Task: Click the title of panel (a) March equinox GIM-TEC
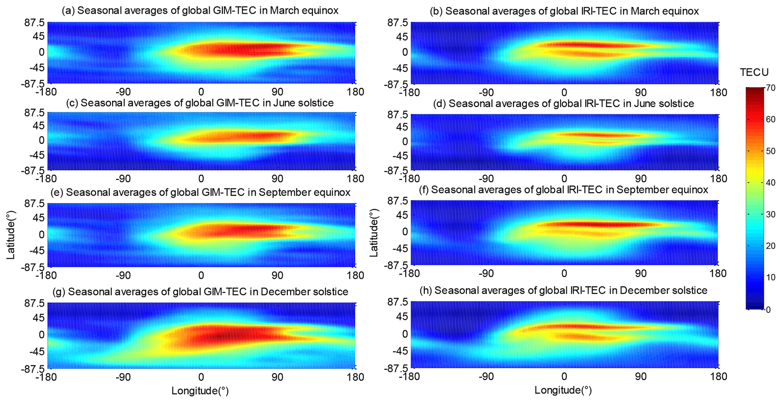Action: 200,11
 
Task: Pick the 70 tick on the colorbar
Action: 771,88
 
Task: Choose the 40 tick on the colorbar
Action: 771,183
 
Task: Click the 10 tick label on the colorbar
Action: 771,278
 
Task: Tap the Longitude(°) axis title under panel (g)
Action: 200,391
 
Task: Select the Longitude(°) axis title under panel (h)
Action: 563,390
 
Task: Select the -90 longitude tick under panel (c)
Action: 123,178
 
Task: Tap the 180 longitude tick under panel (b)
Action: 717,93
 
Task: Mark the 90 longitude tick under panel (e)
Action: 277,276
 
